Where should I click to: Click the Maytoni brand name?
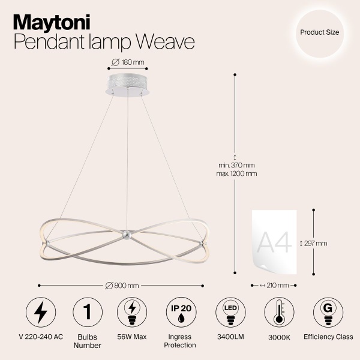(52, 22)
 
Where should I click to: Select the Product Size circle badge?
(320, 33)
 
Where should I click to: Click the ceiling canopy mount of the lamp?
(127, 85)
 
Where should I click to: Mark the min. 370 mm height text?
(237, 166)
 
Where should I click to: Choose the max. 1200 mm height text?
(238, 174)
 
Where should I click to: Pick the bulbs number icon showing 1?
(87, 312)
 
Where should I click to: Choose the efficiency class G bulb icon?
(328, 312)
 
